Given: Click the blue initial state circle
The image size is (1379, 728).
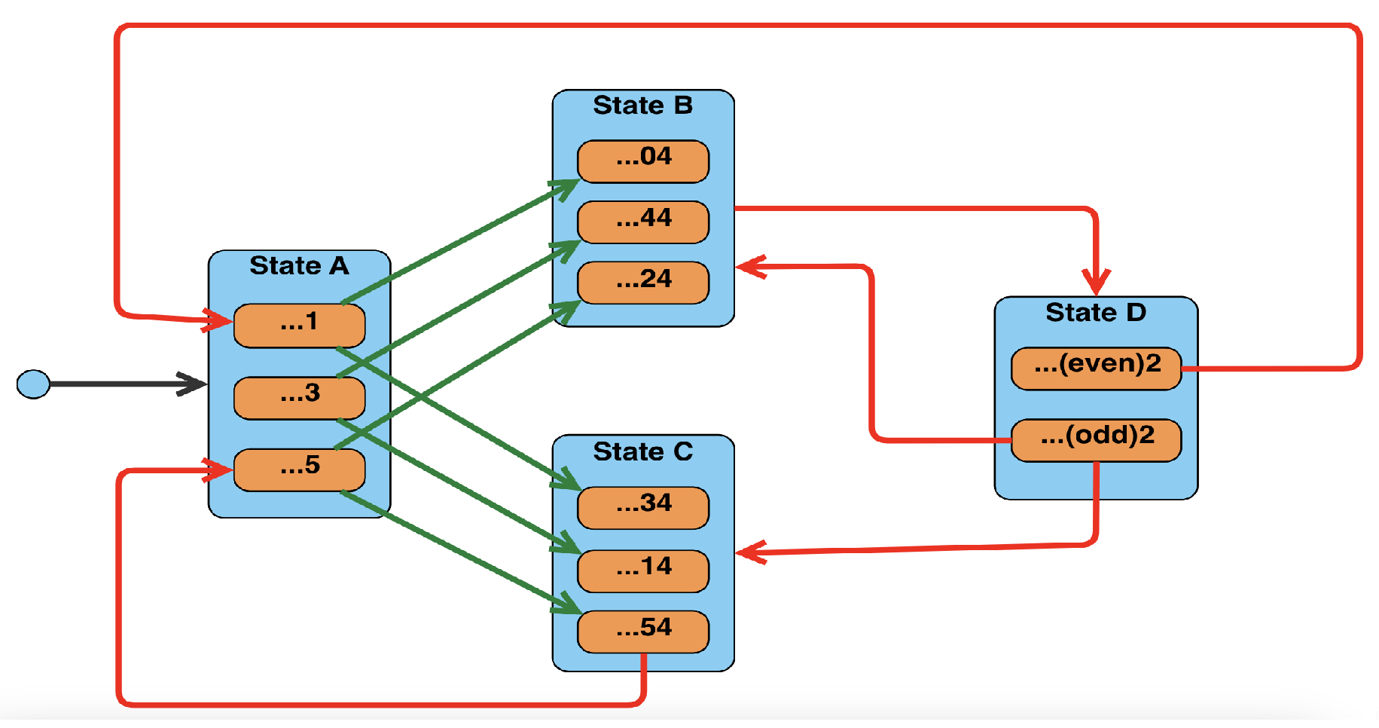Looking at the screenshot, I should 33,384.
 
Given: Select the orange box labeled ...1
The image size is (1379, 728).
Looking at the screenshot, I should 299,326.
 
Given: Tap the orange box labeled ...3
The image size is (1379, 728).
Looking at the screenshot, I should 299,397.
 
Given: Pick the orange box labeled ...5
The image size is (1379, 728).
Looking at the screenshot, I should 299,470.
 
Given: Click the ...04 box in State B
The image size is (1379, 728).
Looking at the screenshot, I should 642,161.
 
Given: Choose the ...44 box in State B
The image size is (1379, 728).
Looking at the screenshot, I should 642,222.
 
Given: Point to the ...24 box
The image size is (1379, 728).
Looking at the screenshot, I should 642,283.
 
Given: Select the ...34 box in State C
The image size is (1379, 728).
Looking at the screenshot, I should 642,507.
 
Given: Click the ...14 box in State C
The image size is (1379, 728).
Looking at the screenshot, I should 642,570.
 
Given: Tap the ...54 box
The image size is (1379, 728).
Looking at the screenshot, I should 642,632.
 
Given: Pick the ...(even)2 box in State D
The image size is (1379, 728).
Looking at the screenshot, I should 1096,368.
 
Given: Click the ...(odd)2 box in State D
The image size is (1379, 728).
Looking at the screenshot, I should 1096,439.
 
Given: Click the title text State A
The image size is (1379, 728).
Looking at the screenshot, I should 299,266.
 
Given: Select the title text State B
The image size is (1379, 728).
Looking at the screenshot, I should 642,106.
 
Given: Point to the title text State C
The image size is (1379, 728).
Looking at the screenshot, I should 642,451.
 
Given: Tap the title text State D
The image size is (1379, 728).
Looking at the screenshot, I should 1096,312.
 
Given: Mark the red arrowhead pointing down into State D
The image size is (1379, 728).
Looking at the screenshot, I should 1096,283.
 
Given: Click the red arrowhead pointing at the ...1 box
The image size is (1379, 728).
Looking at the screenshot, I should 218,320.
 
